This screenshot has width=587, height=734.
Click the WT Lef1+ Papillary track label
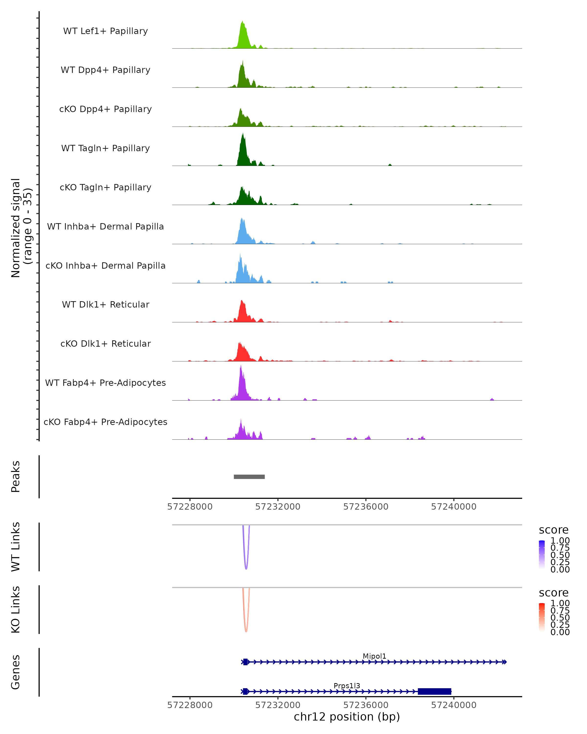click(x=105, y=31)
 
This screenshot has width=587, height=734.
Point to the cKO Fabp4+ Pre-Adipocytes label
click(x=105, y=422)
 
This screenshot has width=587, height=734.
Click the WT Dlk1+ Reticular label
click(x=105, y=304)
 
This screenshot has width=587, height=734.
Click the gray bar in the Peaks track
click(x=249, y=477)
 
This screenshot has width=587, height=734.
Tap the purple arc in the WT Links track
click(x=246, y=569)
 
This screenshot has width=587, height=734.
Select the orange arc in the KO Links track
click(x=246, y=631)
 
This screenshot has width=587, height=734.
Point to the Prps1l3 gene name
click(x=347, y=686)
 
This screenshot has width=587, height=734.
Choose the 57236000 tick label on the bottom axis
click(x=366, y=705)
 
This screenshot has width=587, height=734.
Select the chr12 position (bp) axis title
click(x=347, y=717)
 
